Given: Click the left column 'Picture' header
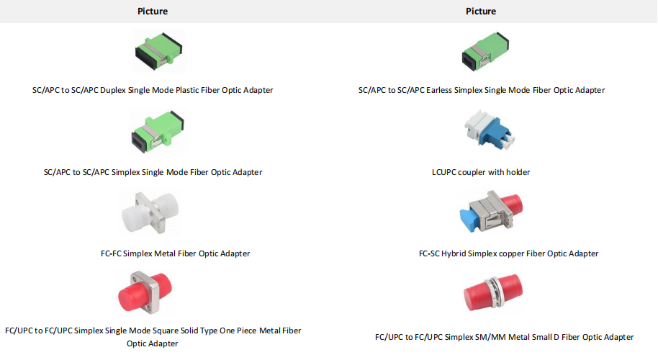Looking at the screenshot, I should pyautogui.click(x=153, y=12).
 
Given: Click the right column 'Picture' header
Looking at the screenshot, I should pyautogui.click(x=481, y=12).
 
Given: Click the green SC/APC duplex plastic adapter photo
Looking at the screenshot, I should pyautogui.click(x=158, y=52).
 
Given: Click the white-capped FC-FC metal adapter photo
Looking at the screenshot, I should pyautogui.click(x=152, y=214).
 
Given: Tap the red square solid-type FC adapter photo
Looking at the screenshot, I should pyautogui.click(x=153, y=294).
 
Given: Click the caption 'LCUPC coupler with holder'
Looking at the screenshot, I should pyautogui.click(x=481, y=172).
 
